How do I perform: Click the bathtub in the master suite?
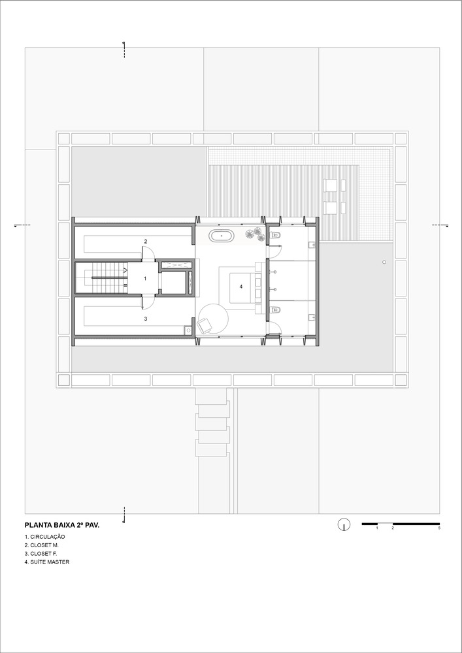point(222,236)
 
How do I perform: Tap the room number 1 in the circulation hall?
point(145,278)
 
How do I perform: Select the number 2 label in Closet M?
point(145,241)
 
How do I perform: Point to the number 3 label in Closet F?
point(145,319)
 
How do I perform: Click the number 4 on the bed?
point(240,287)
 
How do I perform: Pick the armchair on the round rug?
point(205,325)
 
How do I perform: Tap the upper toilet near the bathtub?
point(275,236)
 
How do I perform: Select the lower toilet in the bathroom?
point(275,310)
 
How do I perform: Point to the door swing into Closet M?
point(148,253)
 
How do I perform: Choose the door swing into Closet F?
point(148,302)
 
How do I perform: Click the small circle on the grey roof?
point(384,262)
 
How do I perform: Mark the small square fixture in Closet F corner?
point(188,330)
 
